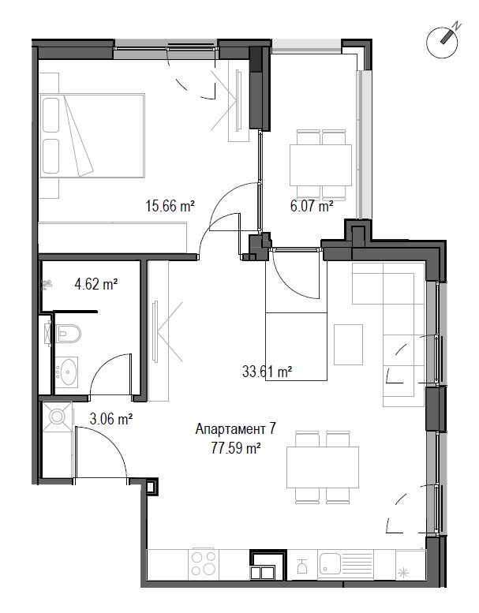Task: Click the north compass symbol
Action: coord(443,43)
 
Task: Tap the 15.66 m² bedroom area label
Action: coord(170,205)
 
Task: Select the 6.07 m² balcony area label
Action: coord(312,205)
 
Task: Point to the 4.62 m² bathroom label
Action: coord(96,283)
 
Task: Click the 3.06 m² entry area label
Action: coord(111,419)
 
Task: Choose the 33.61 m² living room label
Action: coord(267,371)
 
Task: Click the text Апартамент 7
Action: coord(235,429)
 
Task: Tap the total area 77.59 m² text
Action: coord(236,447)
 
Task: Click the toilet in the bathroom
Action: coord(68,333)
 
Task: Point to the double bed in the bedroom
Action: coord(92,136)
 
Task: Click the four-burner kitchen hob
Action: coord(204,563)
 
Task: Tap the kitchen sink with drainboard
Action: coord(345,563)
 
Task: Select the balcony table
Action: coord(320,165)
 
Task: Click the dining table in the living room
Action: coord(323,468)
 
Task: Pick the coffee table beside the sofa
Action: coord(348,345)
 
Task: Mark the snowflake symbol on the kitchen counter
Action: coord(403,573)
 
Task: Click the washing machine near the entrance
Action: coord(57,417)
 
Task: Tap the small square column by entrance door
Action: coord(152,487)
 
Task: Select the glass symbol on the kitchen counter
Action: coord(301,566)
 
